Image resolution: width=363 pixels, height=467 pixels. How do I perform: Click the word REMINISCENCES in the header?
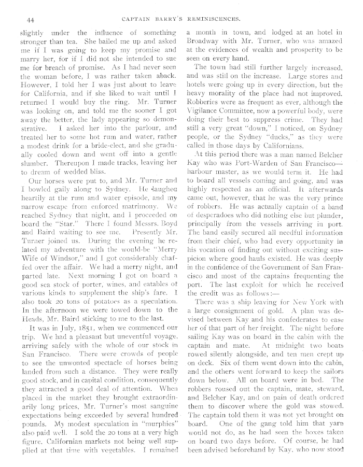(x=213, y=20)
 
